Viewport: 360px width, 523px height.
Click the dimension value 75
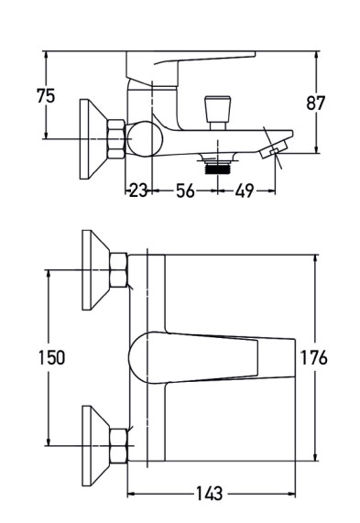click(x=46, y=96)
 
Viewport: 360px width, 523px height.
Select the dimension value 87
click(x=315, y=104)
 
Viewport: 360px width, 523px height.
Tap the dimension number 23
click(x=137, y=191)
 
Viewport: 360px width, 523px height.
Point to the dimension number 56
click(x=185, y=191)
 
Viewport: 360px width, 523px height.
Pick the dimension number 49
click(x=245, y=191)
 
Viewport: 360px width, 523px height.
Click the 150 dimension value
click(x=51, y=357)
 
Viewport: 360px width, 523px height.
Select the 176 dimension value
click(x=314, y=357)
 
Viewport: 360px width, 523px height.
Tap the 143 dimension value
click(x=209, y=494)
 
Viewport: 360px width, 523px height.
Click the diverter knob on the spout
click(x=218, y=113)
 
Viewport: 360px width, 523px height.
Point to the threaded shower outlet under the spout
click(x=217, y=163)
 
